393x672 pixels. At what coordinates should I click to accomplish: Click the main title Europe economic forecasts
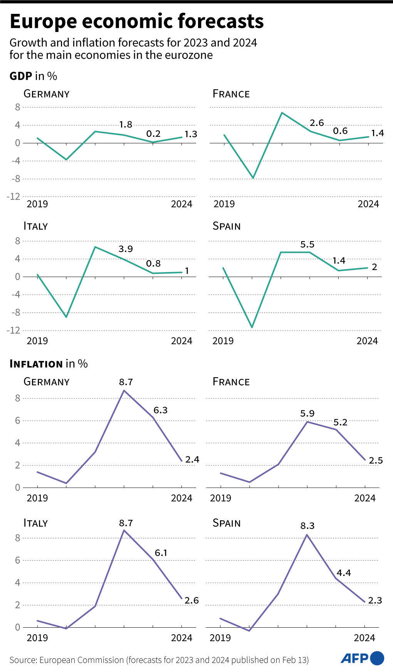(136, 22)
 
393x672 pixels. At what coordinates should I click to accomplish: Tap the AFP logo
(362, 658)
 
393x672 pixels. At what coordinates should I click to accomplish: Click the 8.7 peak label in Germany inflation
(126, 382)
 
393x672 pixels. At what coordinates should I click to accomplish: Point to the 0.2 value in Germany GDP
(153, 134)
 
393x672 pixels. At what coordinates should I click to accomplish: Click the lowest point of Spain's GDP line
(252, 328)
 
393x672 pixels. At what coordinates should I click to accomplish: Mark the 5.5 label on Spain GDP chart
(307, 244)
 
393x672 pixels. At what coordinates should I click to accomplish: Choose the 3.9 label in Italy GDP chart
(126, 249)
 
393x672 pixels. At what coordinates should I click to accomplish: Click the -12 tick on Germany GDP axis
(13, 197)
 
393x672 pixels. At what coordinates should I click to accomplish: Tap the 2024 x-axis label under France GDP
(368, 204)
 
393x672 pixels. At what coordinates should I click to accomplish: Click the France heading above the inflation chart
(231, 382)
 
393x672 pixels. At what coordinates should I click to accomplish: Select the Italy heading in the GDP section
(35, 226)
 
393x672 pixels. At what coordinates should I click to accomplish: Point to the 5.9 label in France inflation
(307, 413)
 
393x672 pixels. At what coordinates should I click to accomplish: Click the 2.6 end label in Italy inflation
(191, 600)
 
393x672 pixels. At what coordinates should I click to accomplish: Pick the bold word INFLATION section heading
(36, 364)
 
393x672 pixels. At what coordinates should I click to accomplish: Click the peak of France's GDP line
(282, 113)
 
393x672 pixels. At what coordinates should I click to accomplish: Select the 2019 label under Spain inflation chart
(220, 638)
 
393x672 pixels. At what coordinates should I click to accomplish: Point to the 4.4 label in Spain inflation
(344, 573)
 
